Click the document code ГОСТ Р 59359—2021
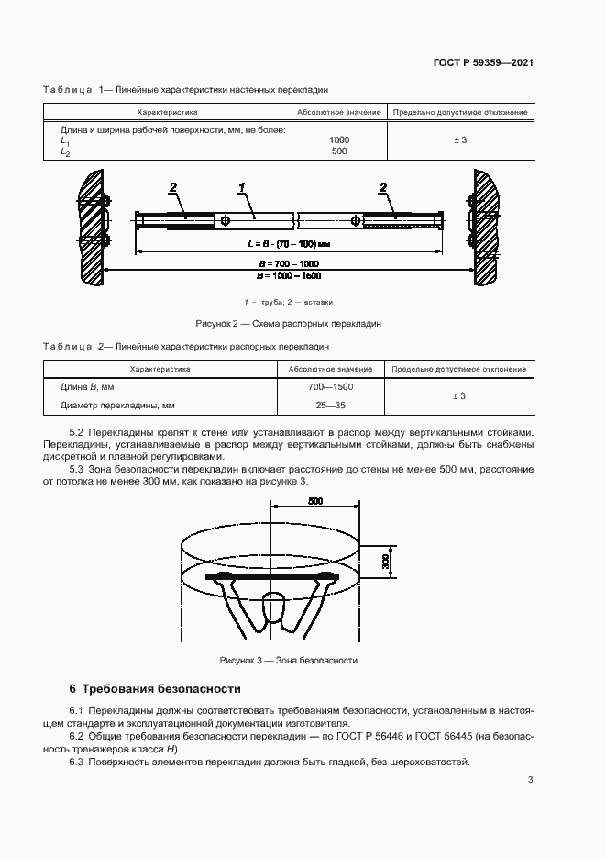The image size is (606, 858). click(x=483, y=63)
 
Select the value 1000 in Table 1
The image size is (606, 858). click(x=338, y=139)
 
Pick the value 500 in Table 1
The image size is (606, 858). click(x=338, y=150)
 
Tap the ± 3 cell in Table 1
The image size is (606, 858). click(x=459, y=139)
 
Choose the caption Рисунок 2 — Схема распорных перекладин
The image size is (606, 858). click(x=288, y=324)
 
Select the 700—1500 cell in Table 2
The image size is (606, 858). click(x=330, y=386)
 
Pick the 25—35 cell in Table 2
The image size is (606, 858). click(x=330, y=404)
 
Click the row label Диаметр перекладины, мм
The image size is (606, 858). click(x=117, y=404)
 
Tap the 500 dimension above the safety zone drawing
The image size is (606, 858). click(x=314, y=502)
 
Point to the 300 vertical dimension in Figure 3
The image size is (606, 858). click(x=386, y=560)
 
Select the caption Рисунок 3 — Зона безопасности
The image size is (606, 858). click(x=288, y=661)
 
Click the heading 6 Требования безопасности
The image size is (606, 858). click(x=155, y=688)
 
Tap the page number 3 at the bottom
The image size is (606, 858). click(x=530, y=780)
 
